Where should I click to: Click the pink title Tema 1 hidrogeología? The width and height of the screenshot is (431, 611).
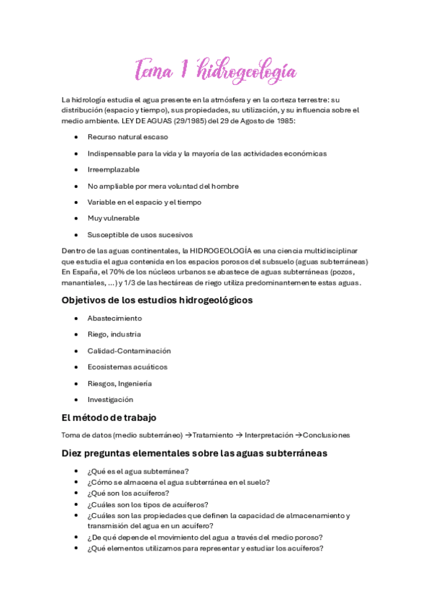(x=215, y=71)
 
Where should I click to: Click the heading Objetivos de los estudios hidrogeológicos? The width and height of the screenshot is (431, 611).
(x=157, y=300)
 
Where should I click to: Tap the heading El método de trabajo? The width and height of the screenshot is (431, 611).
(x=109, y=417)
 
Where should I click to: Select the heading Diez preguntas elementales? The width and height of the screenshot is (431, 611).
(x=194, y=453)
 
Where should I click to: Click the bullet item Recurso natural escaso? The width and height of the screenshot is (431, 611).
(x=127, y=137)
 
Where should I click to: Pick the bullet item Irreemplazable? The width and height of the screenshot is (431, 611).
(x=113, y=169)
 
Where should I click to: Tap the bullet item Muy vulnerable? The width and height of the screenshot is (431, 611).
(x=113, y=218)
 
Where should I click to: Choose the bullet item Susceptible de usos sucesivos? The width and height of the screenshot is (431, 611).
(x=140, y=235)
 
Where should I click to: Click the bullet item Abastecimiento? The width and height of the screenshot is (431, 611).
(x=114, y=318)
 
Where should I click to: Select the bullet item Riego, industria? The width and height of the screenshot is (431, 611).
(x=114, y=334)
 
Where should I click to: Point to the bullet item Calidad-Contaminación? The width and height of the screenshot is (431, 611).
(x=129, y=351)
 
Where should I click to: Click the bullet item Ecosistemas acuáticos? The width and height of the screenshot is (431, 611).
(x=127, y=367)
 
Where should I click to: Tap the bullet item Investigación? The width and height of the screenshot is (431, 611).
(x=110, y=400)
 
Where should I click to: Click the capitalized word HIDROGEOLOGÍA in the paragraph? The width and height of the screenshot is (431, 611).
(x=222, y=251)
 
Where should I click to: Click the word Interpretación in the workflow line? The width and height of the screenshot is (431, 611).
(x=268, y=435)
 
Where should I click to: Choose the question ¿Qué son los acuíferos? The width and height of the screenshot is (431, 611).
(x=128, y=493)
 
